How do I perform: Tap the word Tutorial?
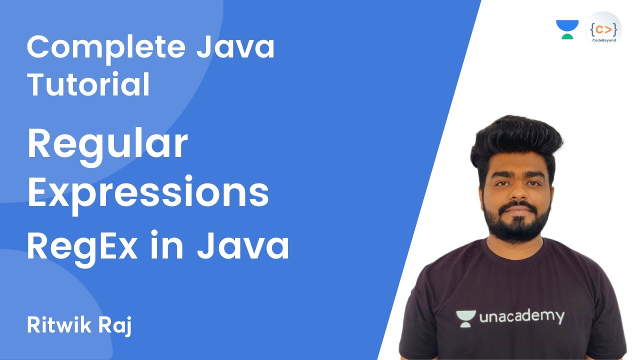(x=88, y=84)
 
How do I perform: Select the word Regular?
(x=107, y=145)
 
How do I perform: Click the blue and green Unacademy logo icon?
(x=567, y=29)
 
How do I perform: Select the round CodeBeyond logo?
(x=603, y=29)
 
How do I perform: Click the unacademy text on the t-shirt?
(x=521, y=316)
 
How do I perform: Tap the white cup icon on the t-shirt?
(x=465, y=318)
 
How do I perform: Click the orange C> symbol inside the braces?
(x=603, y=26)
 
